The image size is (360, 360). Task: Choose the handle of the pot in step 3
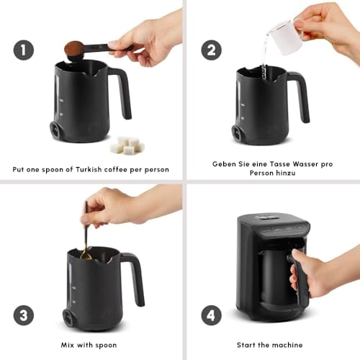(x=134, y=276)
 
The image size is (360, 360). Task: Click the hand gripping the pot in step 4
(x=303, y=274)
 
